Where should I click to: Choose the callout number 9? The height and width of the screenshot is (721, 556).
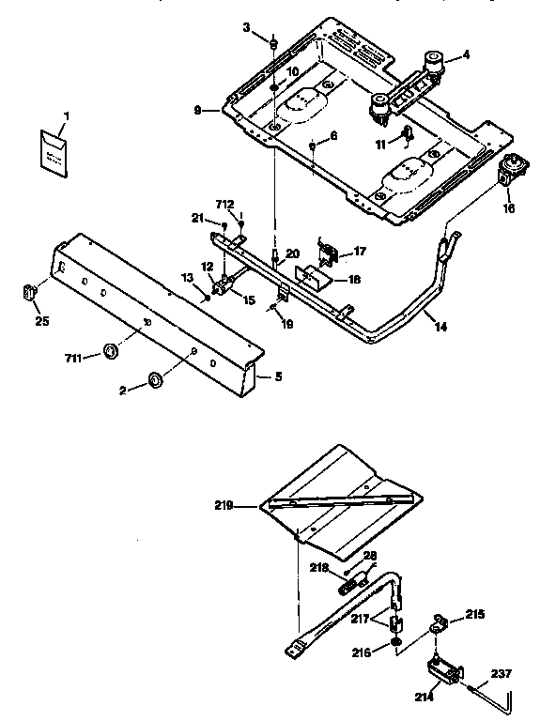tap(198, 110)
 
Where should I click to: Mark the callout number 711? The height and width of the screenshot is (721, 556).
tap(74, 357)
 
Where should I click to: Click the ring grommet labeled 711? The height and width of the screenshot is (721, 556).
tap(110, 351)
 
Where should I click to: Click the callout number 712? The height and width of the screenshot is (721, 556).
tap(224, 204)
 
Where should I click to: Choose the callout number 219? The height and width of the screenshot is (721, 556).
tap(223, 505)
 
